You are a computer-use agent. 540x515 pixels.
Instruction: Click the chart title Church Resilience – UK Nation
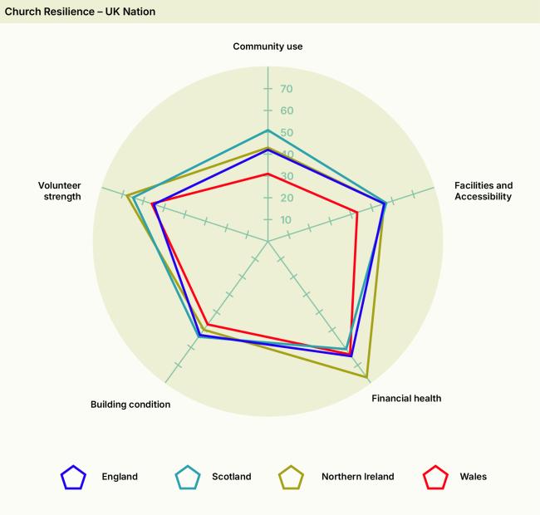pyautogui.click(x=80, y=12)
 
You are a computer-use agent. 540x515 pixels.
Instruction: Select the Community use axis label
pyautogui.click(x=268, y=47)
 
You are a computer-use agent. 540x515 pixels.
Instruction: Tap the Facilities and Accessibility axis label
pyautogui.click(x=483, y=191)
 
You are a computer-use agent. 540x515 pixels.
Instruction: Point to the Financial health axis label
pyautogui.click(x=406, y=399)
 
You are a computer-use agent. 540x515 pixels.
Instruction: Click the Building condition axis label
pyautogui.click(x=130, y=405)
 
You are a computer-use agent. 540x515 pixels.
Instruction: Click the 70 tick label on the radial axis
pyautogui.click(x=286, y=89)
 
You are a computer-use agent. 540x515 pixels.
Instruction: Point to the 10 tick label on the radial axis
pyautogui.click(x=286, y=220)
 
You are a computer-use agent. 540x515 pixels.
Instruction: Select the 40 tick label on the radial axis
pyautogui.click(x=286, y=154)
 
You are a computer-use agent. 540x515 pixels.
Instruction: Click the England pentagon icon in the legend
pyautogui.click(x=74, y=478)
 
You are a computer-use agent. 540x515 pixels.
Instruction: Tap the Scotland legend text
pyautogui.click(x=231, y=477)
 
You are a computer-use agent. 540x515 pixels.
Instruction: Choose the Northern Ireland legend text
pyautogui.click(x=358, y=477)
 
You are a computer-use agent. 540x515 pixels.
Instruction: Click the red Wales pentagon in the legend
pyautogui.click(x=435, y=478)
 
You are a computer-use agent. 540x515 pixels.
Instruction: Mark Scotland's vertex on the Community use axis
pyautogui.click(x=268, y=130)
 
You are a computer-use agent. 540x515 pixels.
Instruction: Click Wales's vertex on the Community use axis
pyautogui.click(x=268, y=174)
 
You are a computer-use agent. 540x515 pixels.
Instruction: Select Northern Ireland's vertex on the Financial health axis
pyautogui.click(x=367, y=378)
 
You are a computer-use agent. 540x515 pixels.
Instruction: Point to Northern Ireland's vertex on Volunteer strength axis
pyautogui.click(x=127, y=196)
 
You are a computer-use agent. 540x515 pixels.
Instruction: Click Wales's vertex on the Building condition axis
pyautogui.click(x=208, y=324)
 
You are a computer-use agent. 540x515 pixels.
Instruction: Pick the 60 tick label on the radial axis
pyautogui.click(x=286, y=111)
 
